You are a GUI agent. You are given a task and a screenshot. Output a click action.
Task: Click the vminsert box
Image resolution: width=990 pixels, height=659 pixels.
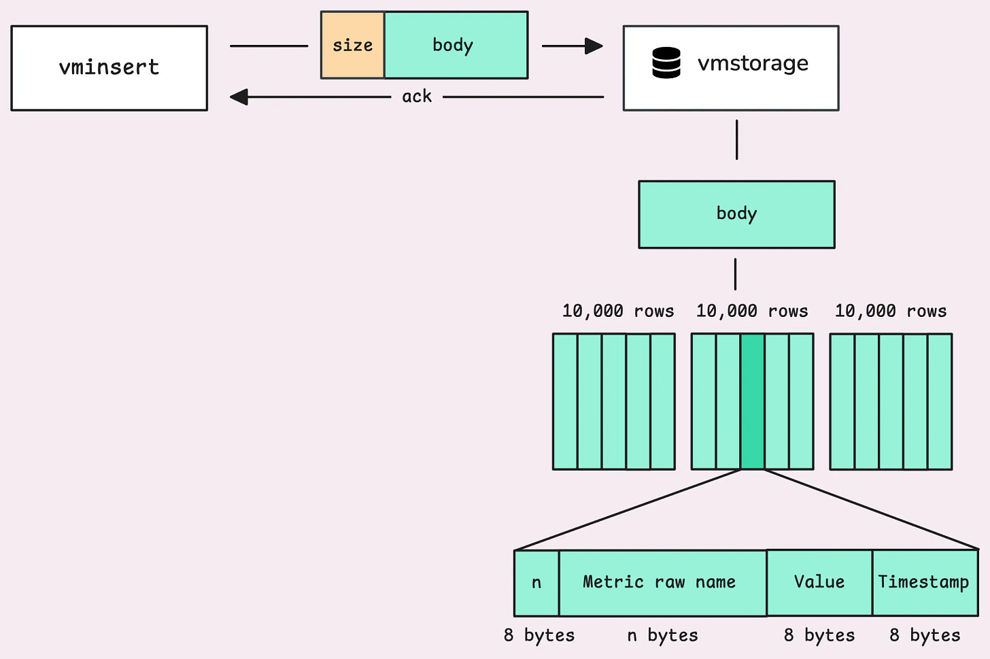click(109, 68)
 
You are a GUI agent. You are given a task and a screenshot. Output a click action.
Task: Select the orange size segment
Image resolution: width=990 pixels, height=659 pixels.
click(352, 45)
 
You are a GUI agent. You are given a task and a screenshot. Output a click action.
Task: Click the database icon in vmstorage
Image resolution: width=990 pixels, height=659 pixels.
click(666, 63)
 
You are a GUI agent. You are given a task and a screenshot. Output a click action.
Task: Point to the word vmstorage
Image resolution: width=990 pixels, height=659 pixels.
click(753, 63)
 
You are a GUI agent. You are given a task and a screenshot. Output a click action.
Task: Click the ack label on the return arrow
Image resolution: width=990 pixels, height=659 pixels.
click(417, 97)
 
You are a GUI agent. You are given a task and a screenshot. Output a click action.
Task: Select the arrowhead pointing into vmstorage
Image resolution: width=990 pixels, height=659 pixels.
click(594, 46)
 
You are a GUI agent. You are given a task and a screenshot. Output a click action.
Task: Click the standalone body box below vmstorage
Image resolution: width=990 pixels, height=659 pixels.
click(736, 214)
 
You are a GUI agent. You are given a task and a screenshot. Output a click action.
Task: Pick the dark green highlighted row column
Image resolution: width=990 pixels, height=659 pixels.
click(752, 401)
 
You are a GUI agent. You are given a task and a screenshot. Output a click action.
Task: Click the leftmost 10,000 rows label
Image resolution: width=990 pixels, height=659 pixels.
click(617, 311)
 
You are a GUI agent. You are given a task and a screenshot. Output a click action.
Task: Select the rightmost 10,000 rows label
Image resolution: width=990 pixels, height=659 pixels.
click(890, 311)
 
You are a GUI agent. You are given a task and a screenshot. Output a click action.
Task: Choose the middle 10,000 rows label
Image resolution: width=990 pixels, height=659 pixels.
click(751, 311)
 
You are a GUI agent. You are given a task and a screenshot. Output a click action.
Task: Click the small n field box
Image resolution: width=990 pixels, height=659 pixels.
click(536, 583)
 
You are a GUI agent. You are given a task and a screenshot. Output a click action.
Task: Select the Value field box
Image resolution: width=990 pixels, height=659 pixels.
click(819, 583)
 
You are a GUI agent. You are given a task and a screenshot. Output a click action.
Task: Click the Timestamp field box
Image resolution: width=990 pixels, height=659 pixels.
click(924, 583)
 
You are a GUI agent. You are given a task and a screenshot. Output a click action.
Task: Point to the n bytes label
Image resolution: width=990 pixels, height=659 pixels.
click(662, 635)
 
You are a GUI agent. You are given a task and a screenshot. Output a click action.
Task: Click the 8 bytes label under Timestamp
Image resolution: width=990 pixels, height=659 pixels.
click(925, 635)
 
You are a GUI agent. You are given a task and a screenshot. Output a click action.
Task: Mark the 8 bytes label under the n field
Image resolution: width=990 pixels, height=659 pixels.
click(539, 635)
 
